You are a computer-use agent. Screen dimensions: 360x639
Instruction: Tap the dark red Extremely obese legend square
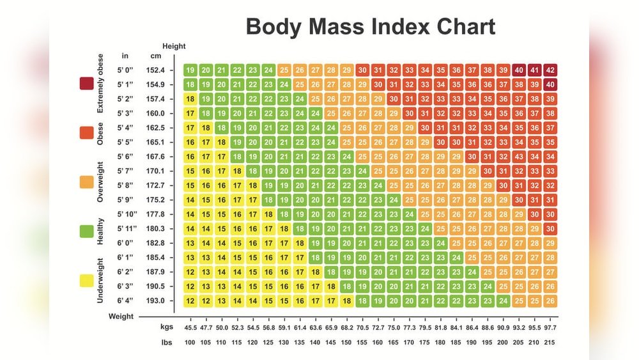point(87,84)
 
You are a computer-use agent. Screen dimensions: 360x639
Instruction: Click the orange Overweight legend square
point(87,182)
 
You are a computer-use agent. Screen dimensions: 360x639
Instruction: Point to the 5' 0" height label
point(125,70)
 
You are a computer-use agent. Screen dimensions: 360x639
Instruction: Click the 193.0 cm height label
point(155,301)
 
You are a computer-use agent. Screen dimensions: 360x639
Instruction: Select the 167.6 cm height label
point(155,157)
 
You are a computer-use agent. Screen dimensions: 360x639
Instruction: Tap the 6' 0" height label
point(125,243)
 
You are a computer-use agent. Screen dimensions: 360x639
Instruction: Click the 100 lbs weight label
point(190,342)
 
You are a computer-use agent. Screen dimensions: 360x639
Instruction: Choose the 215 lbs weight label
point(550,342)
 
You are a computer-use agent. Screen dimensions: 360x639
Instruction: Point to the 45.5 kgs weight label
point(190,327)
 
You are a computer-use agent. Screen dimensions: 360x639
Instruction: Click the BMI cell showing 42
point(550,70)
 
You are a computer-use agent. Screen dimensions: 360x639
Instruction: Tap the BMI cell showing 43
point(519,157)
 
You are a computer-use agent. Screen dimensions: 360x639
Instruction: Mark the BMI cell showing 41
point(534,70)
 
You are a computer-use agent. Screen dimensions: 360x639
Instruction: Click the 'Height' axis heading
point(174,46)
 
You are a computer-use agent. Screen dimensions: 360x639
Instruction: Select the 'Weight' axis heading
point(121,316)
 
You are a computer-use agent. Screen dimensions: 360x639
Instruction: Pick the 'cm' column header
point(155,56)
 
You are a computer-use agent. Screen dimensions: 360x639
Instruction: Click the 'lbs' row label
point(166,342)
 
